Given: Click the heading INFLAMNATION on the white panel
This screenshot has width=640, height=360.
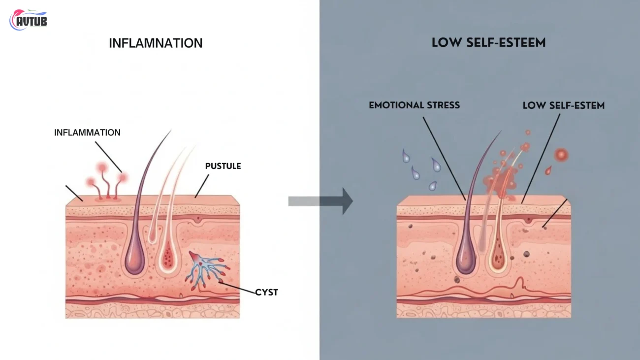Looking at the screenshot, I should point(156,43).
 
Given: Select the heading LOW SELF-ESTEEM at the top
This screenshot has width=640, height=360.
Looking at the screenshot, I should point(488,43).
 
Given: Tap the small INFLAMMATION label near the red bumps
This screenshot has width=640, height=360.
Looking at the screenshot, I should point(87,132).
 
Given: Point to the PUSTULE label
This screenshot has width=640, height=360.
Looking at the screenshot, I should point(223,166).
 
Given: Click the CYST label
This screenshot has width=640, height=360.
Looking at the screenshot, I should point(266,292).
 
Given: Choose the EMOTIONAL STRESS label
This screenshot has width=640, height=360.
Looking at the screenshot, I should point(414,105).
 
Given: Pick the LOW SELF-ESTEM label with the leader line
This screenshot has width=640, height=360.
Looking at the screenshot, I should point(563,105).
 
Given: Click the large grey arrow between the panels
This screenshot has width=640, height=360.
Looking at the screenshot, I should point(320,201).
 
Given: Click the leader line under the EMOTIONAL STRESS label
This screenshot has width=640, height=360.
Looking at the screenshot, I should point(444,157).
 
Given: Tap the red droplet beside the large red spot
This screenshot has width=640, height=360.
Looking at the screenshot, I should point(548,170).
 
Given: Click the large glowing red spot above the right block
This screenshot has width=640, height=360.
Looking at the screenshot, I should point(561,156).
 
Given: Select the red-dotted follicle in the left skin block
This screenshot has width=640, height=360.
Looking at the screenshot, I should point(168,257).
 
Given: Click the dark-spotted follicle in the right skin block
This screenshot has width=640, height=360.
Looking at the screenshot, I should point(498,257).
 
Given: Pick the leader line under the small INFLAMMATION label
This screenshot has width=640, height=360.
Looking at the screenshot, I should point(108,157).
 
